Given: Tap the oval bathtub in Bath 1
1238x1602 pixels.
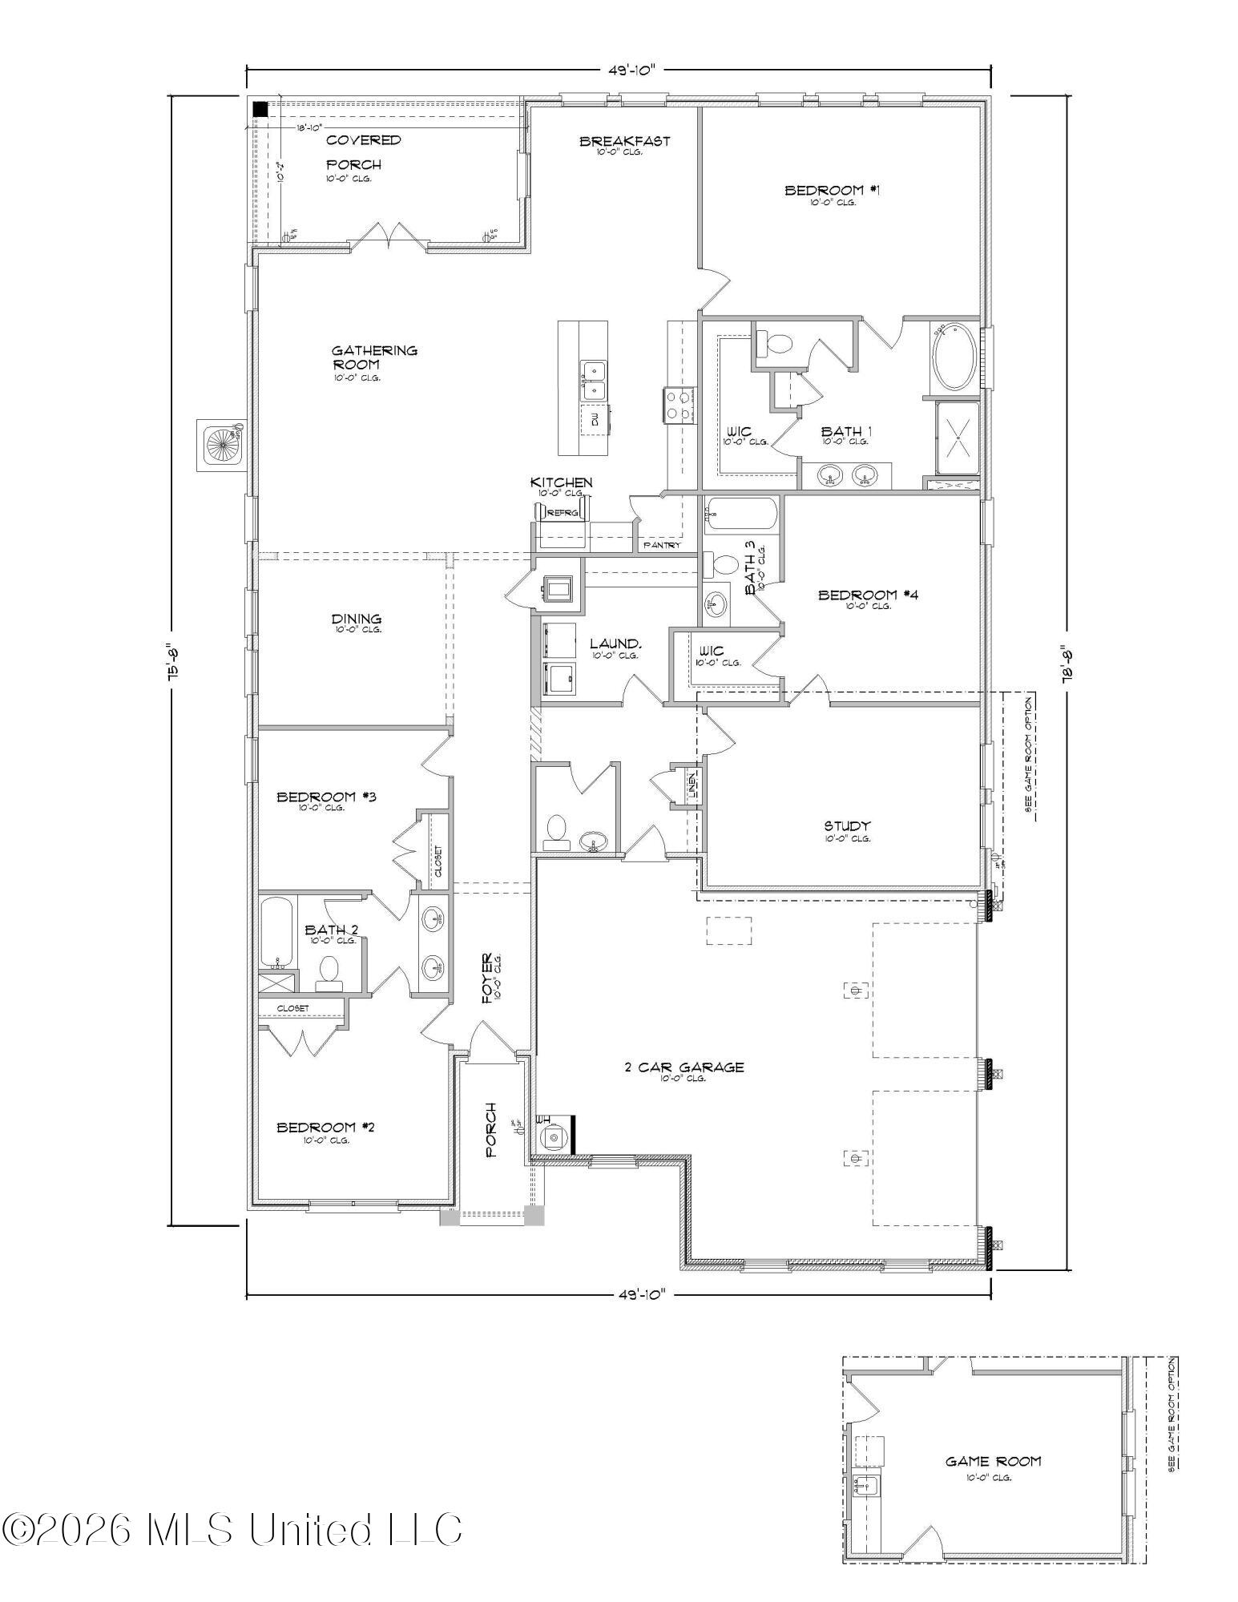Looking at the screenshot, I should coord(954,357).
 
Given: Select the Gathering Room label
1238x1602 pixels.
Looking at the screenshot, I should coord(375,357).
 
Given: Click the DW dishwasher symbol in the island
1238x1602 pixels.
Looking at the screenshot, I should coord(595,419).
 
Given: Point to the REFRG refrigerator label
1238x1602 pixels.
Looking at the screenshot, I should coord(562,513).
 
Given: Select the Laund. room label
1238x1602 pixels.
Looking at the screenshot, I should coord(615,644).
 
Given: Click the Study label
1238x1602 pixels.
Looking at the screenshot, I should coord(847,826).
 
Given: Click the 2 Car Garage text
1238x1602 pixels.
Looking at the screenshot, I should coord(684,1067).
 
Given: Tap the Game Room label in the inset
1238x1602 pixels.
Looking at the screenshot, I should coord(993,1461).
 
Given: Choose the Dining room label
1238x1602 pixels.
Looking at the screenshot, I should coord(357,619).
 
